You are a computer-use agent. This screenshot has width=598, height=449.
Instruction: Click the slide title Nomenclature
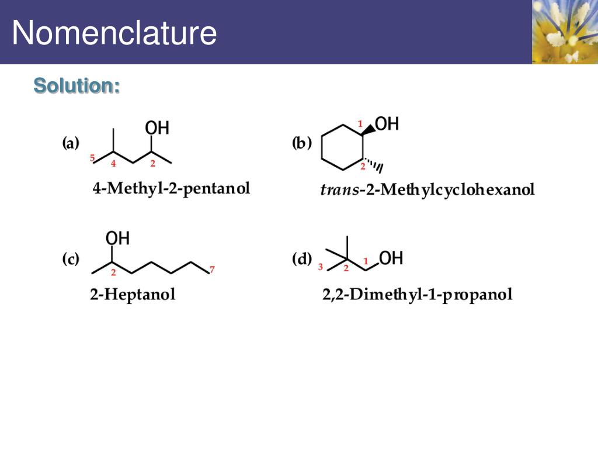114,33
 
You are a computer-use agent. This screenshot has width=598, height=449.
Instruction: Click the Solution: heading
77,85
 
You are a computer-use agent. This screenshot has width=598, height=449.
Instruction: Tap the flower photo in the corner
565,32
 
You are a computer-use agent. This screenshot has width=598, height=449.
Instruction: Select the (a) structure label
71,144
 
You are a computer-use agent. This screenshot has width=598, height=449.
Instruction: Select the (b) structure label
302,143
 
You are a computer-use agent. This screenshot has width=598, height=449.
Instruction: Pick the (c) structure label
71,260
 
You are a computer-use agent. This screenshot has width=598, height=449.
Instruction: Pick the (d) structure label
302,260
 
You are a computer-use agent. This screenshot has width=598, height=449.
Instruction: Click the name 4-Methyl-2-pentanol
171,189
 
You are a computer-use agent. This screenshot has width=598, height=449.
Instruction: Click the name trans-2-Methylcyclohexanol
427,190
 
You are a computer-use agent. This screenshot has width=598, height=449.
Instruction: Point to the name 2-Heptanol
133,294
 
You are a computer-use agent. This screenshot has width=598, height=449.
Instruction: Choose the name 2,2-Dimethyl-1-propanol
418,294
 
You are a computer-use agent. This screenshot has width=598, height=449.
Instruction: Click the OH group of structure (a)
157,128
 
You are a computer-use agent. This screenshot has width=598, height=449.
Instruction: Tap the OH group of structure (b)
387,124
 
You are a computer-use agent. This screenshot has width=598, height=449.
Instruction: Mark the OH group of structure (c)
117,239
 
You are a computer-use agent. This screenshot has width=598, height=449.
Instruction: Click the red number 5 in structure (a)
93,157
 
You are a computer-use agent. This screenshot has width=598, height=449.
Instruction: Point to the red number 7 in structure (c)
212,270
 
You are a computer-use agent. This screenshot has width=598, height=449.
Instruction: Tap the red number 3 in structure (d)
321,267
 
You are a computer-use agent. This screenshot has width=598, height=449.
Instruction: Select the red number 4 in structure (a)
113,163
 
